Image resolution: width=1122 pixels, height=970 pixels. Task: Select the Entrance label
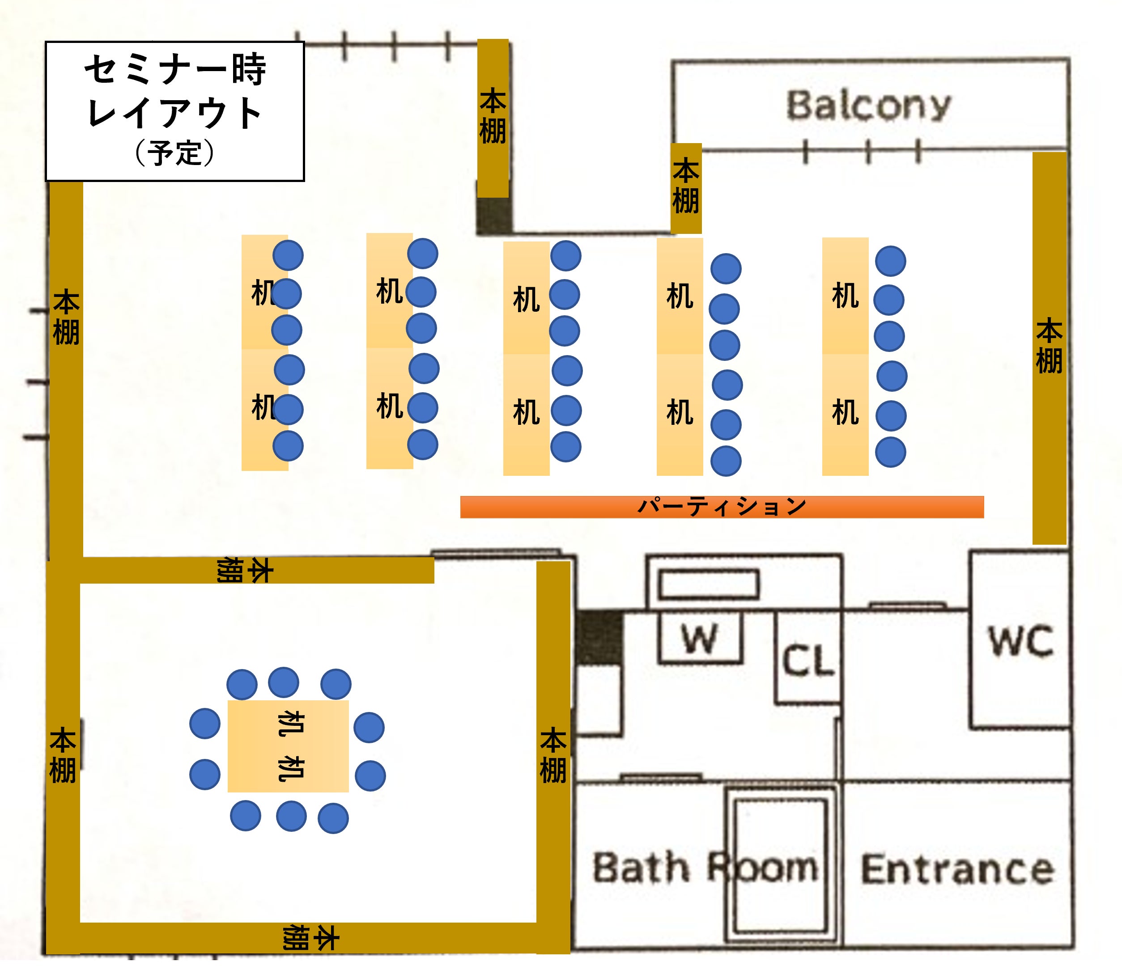pyautogui.click(x=957, y=870)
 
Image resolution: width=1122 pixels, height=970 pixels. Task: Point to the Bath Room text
pyautogui.click(x=704, y=868)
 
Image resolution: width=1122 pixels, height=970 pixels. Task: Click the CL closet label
pyautogui.click(x=808, y=661)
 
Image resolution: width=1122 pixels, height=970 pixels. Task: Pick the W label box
pyautogui.click(x=700, y=639)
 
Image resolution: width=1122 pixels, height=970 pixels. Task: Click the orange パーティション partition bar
pyautogui.click(x=721, y=507)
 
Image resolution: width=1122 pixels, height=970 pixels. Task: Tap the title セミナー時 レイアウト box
pyautogui.click(x=174, y=111)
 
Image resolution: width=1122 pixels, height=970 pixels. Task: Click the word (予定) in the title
pyautogui.click(x=174, y=153)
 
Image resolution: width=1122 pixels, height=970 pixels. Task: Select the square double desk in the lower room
pyautogui.click(x=288, y=746)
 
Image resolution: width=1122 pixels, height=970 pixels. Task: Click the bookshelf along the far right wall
pyautogui.click(x=1049, y=347)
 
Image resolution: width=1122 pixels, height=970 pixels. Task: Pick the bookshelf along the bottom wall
pyautogui.click(x=309, y=938)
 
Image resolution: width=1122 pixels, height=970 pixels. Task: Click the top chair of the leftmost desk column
pyautogui.click(x=288, y=255)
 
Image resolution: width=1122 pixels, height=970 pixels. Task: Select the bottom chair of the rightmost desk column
pyautogui.click(x=890, y=453)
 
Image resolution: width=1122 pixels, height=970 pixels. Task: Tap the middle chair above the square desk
pyautogui.click(x=283, y=682)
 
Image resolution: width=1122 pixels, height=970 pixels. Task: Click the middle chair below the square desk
pyautogui.click(x=291, y=816)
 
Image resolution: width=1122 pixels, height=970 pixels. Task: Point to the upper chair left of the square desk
pyautogui.click(x=205, y=724)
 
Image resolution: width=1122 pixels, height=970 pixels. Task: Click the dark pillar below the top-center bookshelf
pyautogui.click(x=493, y=216)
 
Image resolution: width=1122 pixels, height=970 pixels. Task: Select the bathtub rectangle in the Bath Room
pyautogui.click(x=780, y=867)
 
